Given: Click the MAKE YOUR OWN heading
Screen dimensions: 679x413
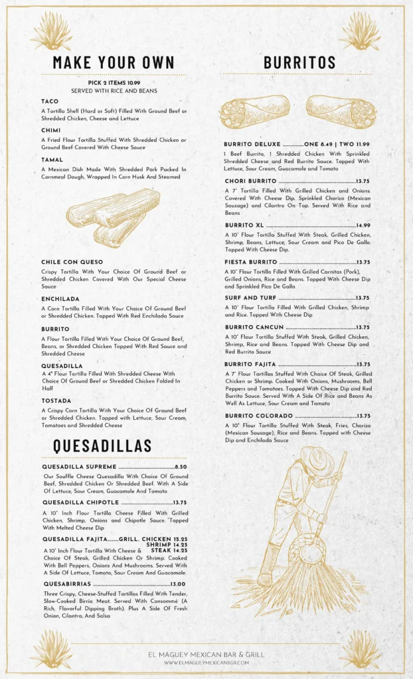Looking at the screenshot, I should pyautogui.click(x=114, y=62).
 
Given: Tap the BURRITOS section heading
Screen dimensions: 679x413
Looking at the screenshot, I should pyautogui.click(x=299, y=62).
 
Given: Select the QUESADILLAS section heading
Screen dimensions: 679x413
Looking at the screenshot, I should pyautogui.click(x=102, y=445).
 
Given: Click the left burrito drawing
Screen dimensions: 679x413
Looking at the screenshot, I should pyautogui.click(x=254, y=111).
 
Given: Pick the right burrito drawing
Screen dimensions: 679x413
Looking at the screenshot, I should pyautogui.click(x=341, y=111).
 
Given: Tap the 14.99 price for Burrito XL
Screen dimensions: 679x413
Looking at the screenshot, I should pyautogui.click(x=363, y=225).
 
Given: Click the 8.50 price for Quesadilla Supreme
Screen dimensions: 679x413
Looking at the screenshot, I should pyautogui.click(x=181, y=467).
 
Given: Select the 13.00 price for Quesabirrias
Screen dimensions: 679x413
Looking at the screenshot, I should pyautogui.click(x=179, y=584).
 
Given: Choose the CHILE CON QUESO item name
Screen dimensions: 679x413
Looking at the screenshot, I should pyautogui.click(x=72, y=262).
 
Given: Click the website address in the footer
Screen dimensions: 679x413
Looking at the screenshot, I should pyautogui.click(x=206, y=662).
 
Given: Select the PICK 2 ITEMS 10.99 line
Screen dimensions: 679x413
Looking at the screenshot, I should pyautogui.click(x=114, y=83).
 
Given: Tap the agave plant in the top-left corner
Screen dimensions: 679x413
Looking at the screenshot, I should pyautogui.click(x=51, y=31).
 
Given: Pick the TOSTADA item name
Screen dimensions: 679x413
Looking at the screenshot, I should pyautogui.click(x=56, y=401).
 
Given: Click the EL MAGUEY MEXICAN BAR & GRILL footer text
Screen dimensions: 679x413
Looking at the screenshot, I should pyautogui.click(x=206, y=654).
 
